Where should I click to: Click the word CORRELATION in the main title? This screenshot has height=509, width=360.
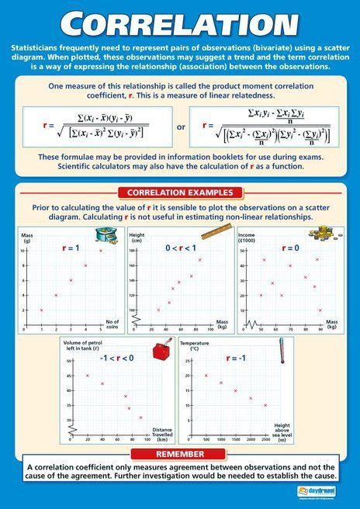pyautogui.click(x=180, y=25)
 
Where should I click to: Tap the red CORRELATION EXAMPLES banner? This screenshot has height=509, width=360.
pyautogui.click(x=180, y=192)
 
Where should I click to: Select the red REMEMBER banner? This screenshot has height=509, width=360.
pyautogui.click(x=180, y=453)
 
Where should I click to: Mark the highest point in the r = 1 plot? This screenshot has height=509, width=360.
pyautogui.click(x=100, y=251)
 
